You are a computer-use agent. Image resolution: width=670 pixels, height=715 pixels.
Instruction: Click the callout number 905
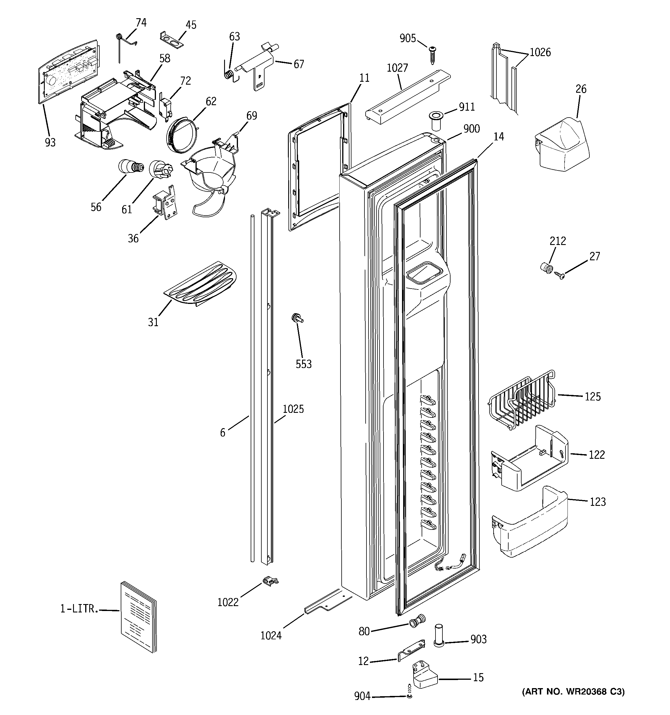pos(407,38)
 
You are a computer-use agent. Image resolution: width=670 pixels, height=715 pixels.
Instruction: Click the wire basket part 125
pos(522,401)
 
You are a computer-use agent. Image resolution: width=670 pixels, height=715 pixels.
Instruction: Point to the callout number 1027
pos(397,68)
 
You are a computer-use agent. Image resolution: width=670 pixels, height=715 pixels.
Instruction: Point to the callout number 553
pos(303,364)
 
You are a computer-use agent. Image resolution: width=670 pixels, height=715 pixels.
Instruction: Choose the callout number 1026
pos(540,53)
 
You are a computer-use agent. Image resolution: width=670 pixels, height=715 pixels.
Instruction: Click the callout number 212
pos(557,241)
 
